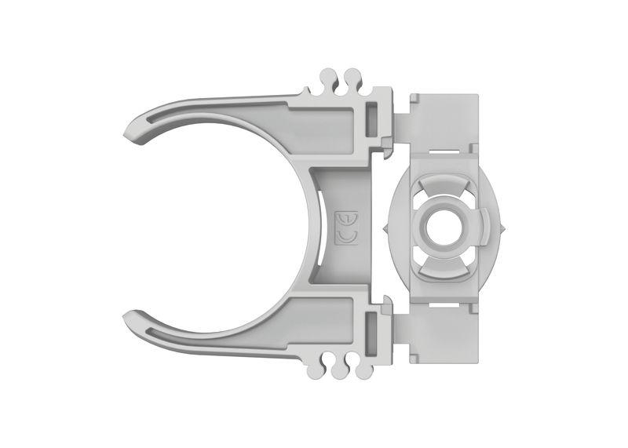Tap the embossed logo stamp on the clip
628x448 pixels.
346,225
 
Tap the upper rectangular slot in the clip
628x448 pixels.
371,118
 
